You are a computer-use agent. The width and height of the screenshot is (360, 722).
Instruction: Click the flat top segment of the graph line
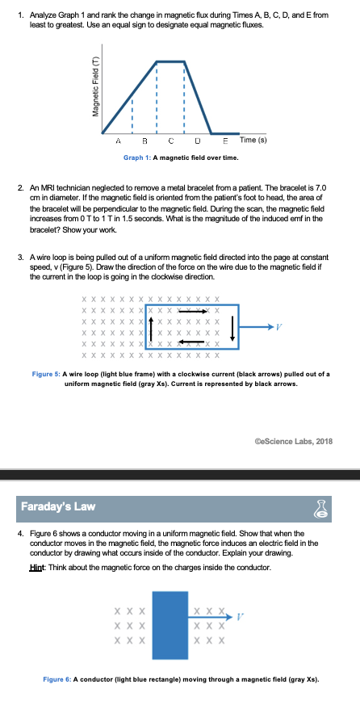coord(170,61)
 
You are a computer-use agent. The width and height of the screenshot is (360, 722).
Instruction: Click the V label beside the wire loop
coord(278,327)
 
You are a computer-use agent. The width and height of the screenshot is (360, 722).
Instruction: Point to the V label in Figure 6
coord(240,616)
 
